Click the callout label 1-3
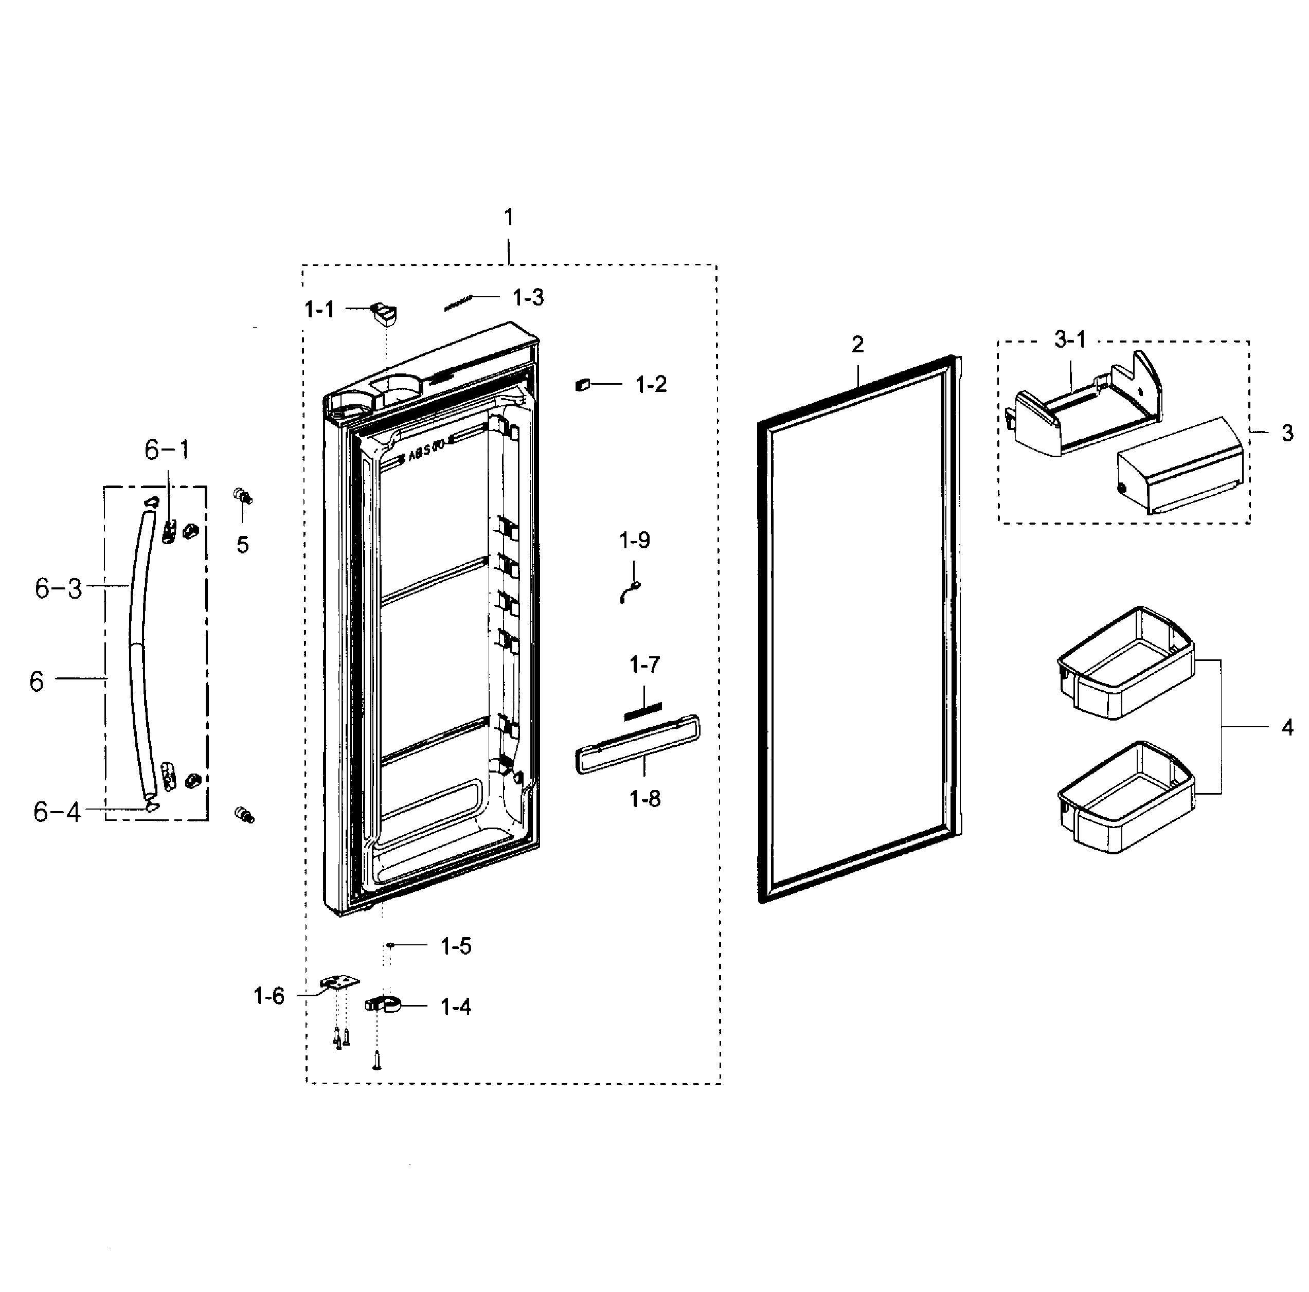click(528, 297)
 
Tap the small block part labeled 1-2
click(582, 385)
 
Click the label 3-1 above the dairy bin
click(1069, 339)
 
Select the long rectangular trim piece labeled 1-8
click(637, 744)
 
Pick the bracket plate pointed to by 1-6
click(339, 982)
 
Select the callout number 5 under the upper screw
click(243, 545)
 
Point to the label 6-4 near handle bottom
click(57, 812)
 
